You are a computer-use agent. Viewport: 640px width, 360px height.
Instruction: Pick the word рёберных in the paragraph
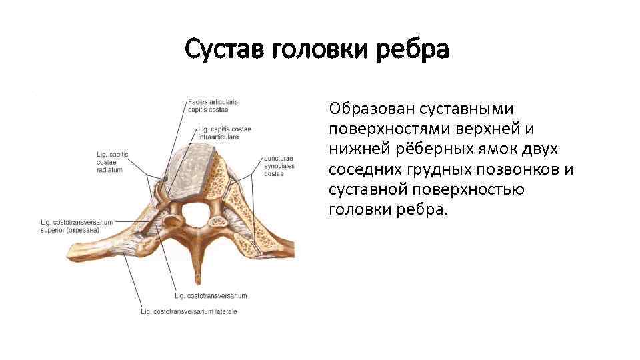click(419, 149)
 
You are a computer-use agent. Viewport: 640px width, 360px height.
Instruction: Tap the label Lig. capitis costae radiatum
click(113, 162)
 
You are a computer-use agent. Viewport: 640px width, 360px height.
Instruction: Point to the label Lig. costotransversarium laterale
click(189, 311)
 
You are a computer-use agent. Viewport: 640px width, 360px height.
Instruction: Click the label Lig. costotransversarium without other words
click(210, 295)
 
